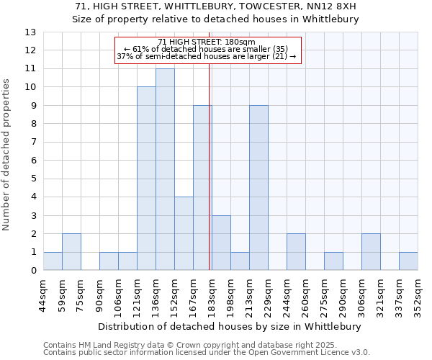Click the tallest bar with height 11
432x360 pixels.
coord(165,169)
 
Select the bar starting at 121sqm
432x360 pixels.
coord(146,179)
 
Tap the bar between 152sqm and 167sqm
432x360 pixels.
coord(184,233)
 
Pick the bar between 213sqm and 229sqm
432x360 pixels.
coord(258,188)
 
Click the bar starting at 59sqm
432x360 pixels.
coord(71,252)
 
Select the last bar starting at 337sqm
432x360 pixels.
coord(408,261)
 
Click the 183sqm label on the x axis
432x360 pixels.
coord(212,294)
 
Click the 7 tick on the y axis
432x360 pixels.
coord(32,143)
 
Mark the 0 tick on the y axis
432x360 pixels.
coord(32,271)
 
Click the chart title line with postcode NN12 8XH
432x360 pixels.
coord(215,6)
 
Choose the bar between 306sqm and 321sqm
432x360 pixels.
coord(371,252)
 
